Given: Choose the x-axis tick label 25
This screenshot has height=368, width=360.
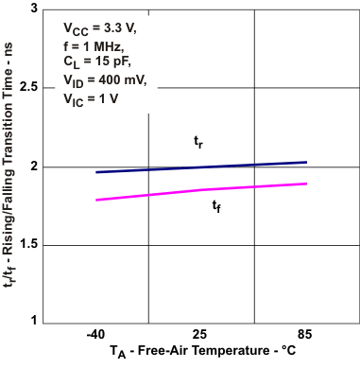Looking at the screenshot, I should coord(200,334).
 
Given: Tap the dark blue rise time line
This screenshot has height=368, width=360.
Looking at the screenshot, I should coord(200,167).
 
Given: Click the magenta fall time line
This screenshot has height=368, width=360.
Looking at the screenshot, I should coord(200,191).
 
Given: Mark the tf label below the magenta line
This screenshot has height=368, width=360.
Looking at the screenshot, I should coord(216,206).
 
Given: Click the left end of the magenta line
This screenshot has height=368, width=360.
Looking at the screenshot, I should coord(96,200).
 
